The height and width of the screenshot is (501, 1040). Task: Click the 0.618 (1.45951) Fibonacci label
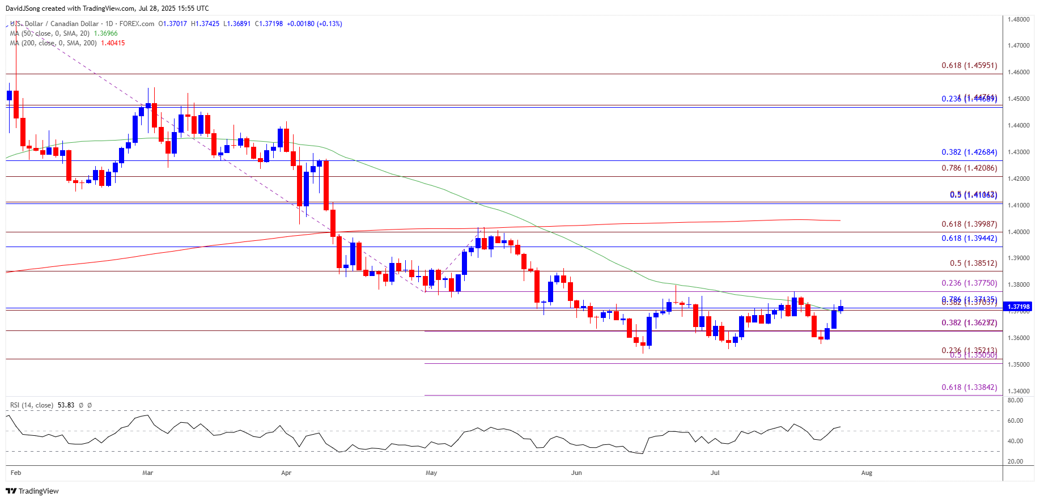pyautogui.click(x=969, y=65)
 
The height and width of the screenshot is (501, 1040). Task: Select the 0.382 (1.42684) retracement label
pyautogui.click(x=969, y=152)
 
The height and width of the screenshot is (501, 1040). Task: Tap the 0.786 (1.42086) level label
pyautogui.click(x=969, y=168)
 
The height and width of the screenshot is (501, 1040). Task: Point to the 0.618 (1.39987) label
pyautogui.click(x=969, y=224)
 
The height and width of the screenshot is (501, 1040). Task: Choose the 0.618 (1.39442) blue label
pyautogui.click(x=969, y=238)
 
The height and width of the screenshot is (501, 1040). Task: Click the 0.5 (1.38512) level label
pyautogui.click(x=973, y=263)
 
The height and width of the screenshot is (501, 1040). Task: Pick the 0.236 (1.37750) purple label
pyautogui.click(x=969, y=283)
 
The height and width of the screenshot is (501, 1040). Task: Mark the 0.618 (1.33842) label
pyautogui.click(x=969, y=387)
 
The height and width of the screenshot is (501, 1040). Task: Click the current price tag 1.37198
pyautogui.click(x=1018, y=307)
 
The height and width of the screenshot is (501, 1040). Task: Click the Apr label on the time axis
pyautogui.click(x=286, y=473)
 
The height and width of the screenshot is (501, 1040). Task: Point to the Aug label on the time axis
pyautogui.click(x=867, y=473)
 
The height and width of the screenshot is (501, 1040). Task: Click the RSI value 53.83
pyautogui.click(x=66, y=405)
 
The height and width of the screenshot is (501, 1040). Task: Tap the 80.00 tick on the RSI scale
pyautogui.click(x=1015, y=400)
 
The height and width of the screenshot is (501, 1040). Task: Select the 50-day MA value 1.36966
pyautogui.click(x=105, y=33)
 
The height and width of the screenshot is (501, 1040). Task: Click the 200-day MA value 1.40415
pyautogui.click(x=113, y=43)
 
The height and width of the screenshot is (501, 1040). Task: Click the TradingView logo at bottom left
pyautogui.click(x=32, y=491)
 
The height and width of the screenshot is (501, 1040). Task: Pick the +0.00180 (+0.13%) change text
pyautogui.click(x=314, y=24)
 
